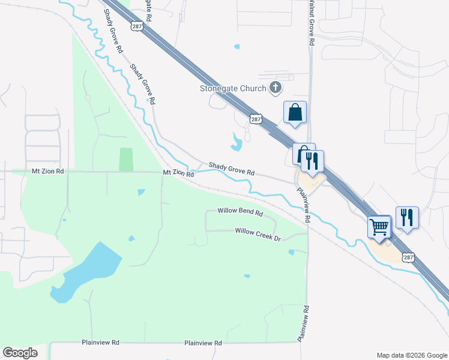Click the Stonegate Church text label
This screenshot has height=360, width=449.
pos(233,89)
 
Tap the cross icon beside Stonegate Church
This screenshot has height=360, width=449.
pos(276,88)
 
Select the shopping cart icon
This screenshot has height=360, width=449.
pos(379,227)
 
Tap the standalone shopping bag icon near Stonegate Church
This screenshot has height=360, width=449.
pos(295,112)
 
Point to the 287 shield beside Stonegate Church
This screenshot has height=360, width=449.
pos(256,119)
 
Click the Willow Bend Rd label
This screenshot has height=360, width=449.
pos(240,212)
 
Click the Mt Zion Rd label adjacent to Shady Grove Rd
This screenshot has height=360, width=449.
pos(179,173)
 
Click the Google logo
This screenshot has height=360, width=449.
pos(20,353)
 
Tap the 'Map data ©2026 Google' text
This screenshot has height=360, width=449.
pos(411,355)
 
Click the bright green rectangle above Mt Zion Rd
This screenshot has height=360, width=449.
pos(126,159)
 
